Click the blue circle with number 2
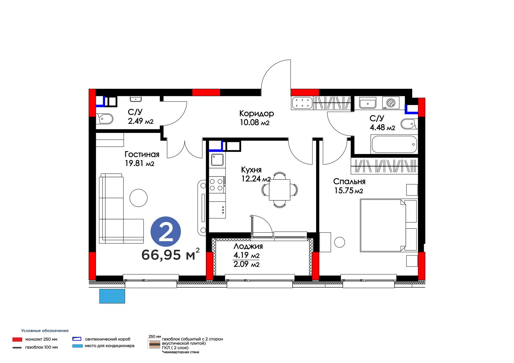click(x=165, y=231)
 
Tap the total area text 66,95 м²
click(x=170, y=254)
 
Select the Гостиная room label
click(x=142, y=154)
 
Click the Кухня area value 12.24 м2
click(x=256, y=179)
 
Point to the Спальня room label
click(x=349, y=181)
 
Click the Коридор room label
click(x=257, y=114)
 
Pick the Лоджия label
click(x=248, y=246)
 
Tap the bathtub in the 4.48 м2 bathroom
click(x=394, y=144)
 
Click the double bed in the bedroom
click(x=388, y=225)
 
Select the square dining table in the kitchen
click(x=279, y=190)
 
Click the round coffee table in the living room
click(x=138, y=198)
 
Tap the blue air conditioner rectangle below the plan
click(x=112, y=296)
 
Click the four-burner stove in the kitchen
click(x=217, y=185)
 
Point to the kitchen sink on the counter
click(x=217, y=160)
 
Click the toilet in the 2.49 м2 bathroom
click(x=104, y=119)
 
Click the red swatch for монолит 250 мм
click(x=17, y=339)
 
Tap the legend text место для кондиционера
click(x=110, y=346)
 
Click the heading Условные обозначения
click(x=45, y=331)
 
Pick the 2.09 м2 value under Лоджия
click(x=246, y=264)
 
